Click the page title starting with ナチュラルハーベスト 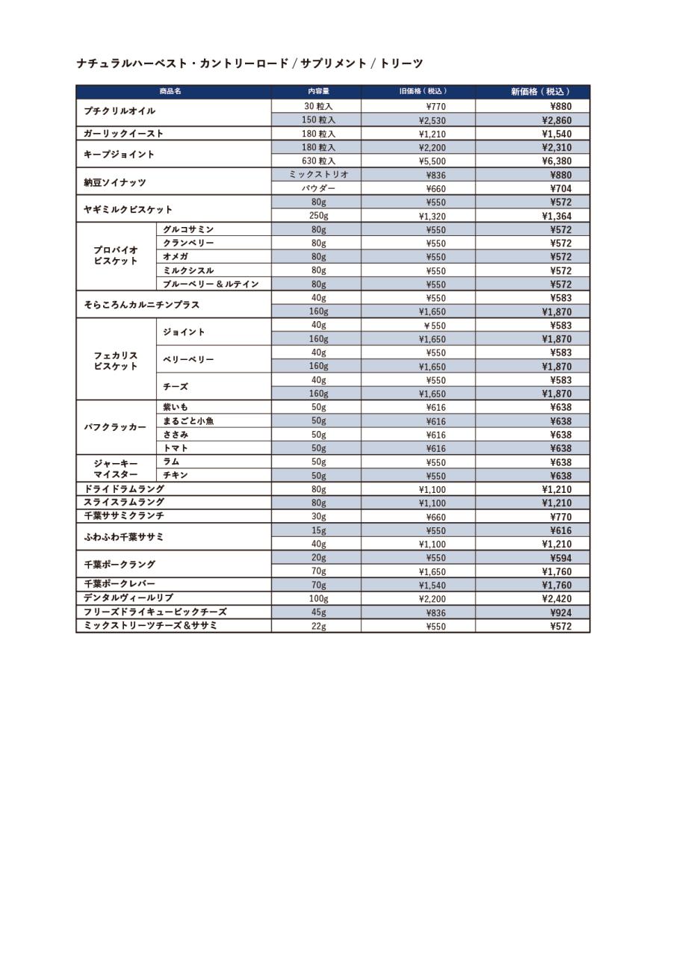[x=249, y=63]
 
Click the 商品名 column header [x=170, y=92]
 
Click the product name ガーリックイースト [x=124, y=134]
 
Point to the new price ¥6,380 [x=556, y=161]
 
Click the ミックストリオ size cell [x=319, y=175]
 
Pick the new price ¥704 [x=560, y=189]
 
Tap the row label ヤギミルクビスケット [x=128, y=209]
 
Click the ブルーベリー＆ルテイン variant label [x=211, y=284]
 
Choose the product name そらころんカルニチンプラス [x=142, y=305]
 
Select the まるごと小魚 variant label [x=188, y=420]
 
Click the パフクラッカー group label [x=115, y=427]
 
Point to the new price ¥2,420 [x=556, y=599]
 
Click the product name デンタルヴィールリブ [x=128, y=598]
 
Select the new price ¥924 [x=560, y=612]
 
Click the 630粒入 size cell [x=319, y=161]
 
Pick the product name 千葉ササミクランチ [x=124, y=516]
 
